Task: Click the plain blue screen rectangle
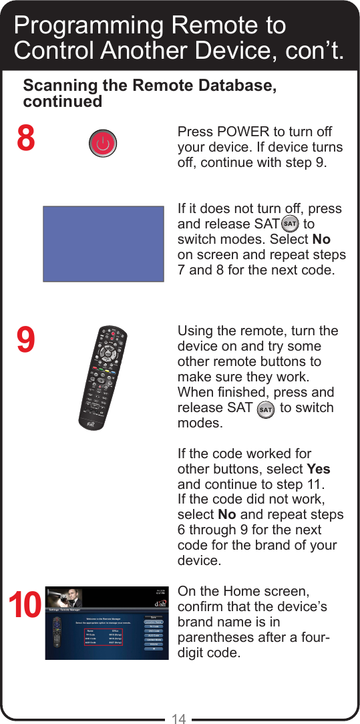click(x=104, y=243)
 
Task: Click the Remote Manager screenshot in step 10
click(x=104, y=622)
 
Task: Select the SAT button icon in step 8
click(x=290, y=224)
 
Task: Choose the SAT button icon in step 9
click(x=265, y=408)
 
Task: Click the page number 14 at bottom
click(x=178, y=719)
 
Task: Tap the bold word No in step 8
click(x=321, y=240)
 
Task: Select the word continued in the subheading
click(x=62, y=102)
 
